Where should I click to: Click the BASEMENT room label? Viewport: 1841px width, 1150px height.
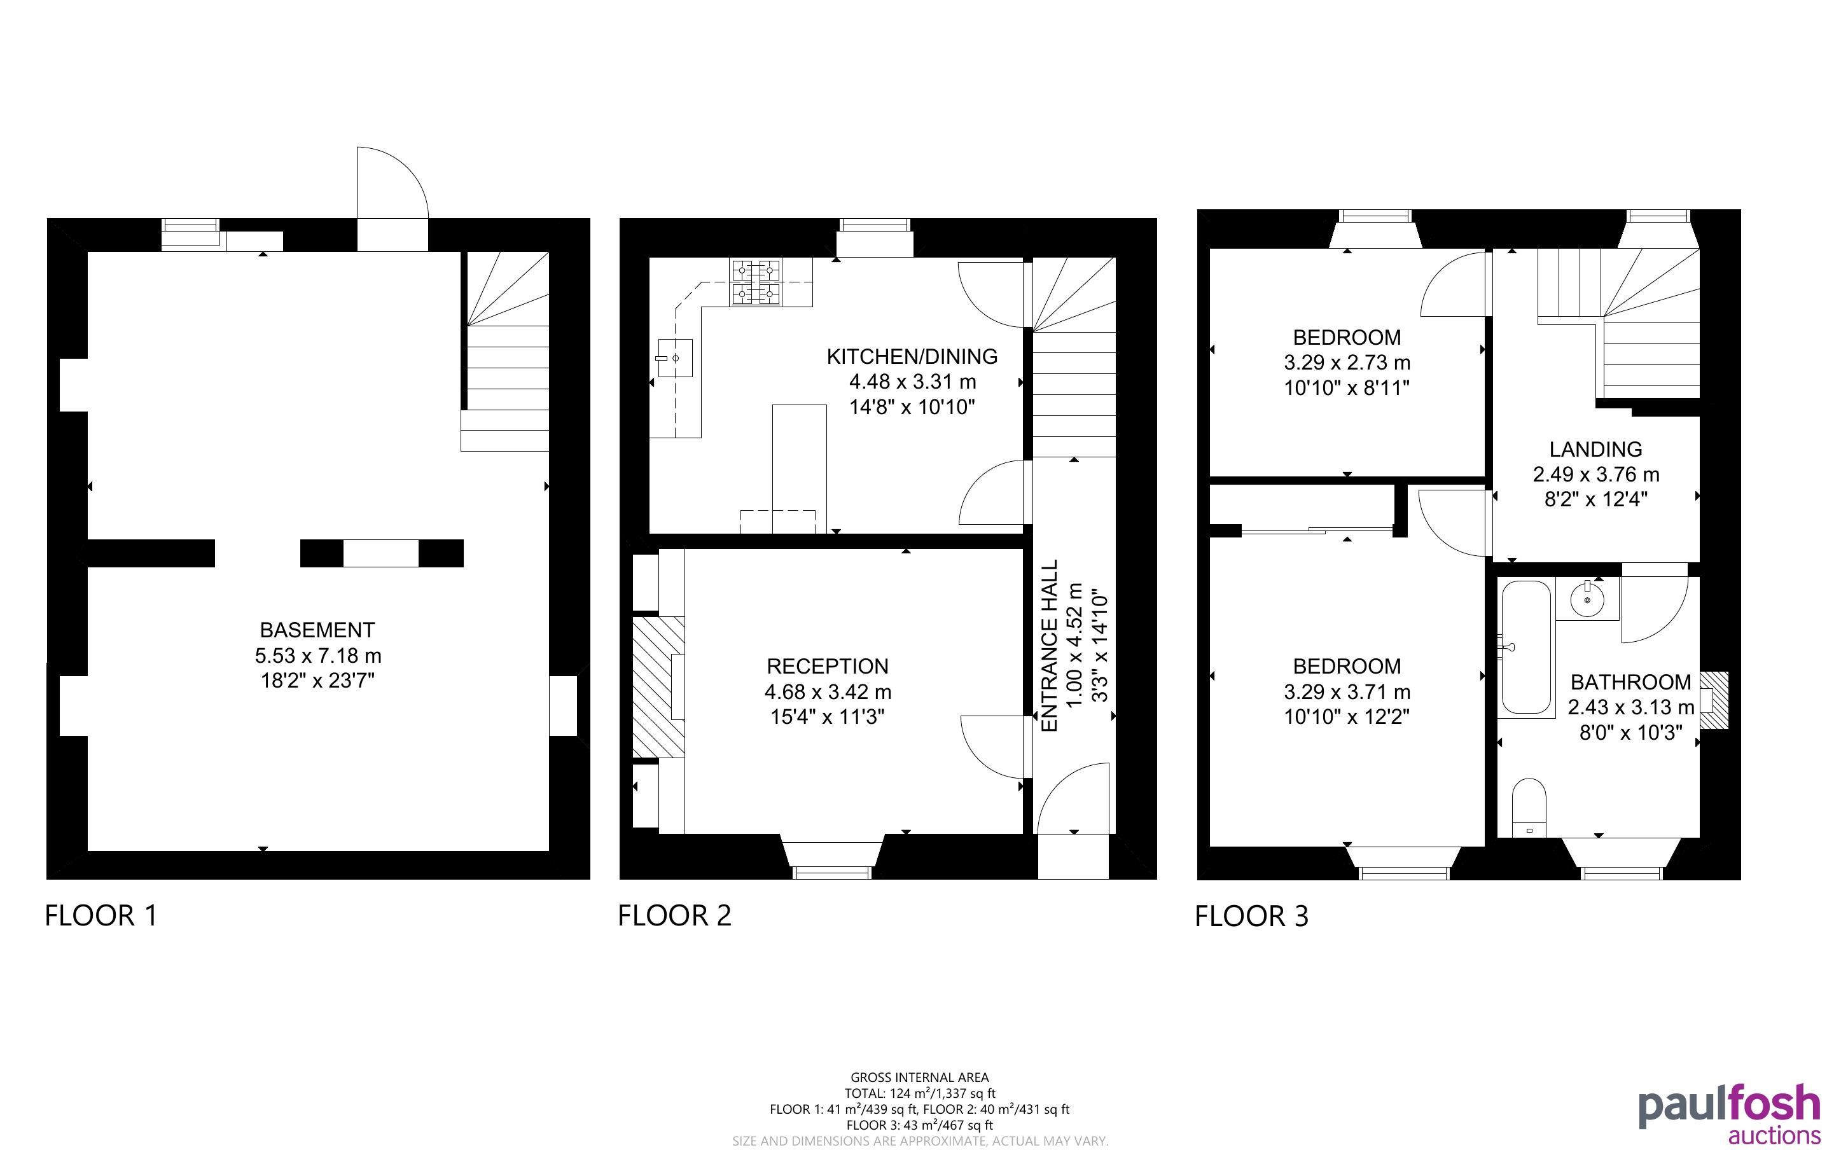pos(317,630)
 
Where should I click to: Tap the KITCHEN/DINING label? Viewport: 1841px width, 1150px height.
pos(912,356)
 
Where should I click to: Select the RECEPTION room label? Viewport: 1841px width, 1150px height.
pos(828,666)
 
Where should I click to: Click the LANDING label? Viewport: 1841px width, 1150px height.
pos(1595,449)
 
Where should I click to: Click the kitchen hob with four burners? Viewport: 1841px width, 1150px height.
pos(756,282)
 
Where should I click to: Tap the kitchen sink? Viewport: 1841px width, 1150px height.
pos(675,358)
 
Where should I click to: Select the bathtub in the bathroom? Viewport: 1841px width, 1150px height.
pos(1526,648)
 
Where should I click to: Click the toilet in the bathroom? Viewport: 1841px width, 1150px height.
pos(1529,807)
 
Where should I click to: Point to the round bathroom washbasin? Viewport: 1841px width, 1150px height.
pos(1588,598)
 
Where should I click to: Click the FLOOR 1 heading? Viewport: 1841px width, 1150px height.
pos(101,915)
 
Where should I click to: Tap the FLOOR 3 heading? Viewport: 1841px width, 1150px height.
pos(1252,916)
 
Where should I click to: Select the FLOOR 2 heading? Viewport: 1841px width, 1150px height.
pos(674,915)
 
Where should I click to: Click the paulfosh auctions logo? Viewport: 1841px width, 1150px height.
pos(1730,1114)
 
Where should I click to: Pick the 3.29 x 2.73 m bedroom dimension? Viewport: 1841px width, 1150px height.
pos(1347,363)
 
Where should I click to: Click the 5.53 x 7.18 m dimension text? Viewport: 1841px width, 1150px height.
pos(318,656)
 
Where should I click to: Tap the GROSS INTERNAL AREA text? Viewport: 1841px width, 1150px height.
pos(919,1077)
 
